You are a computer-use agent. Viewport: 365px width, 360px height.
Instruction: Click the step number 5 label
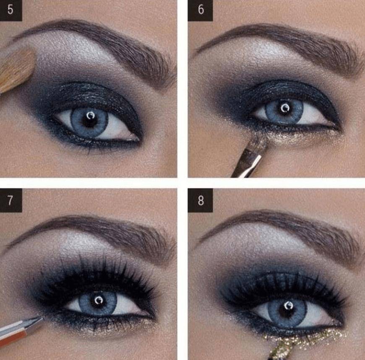coord(11,10)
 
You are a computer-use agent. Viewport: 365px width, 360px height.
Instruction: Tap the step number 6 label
coord(201,10)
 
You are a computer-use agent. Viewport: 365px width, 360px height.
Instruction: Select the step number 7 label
coord(11,200)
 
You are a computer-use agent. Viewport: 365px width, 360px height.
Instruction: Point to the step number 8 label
coord(201,200)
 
